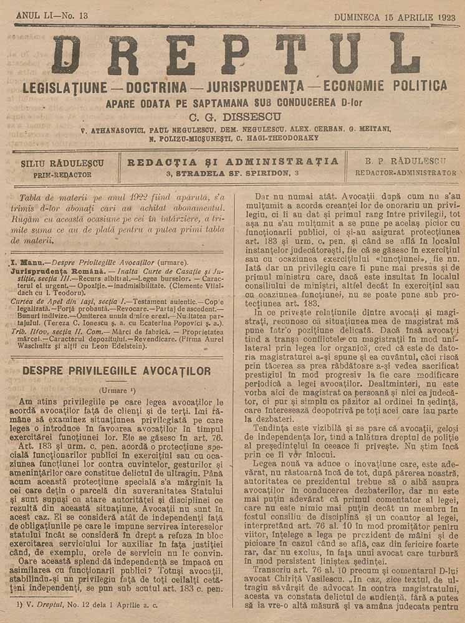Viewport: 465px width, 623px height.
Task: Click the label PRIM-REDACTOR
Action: [x=63, y=175]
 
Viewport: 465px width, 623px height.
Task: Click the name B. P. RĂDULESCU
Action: [x=405, y=161]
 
